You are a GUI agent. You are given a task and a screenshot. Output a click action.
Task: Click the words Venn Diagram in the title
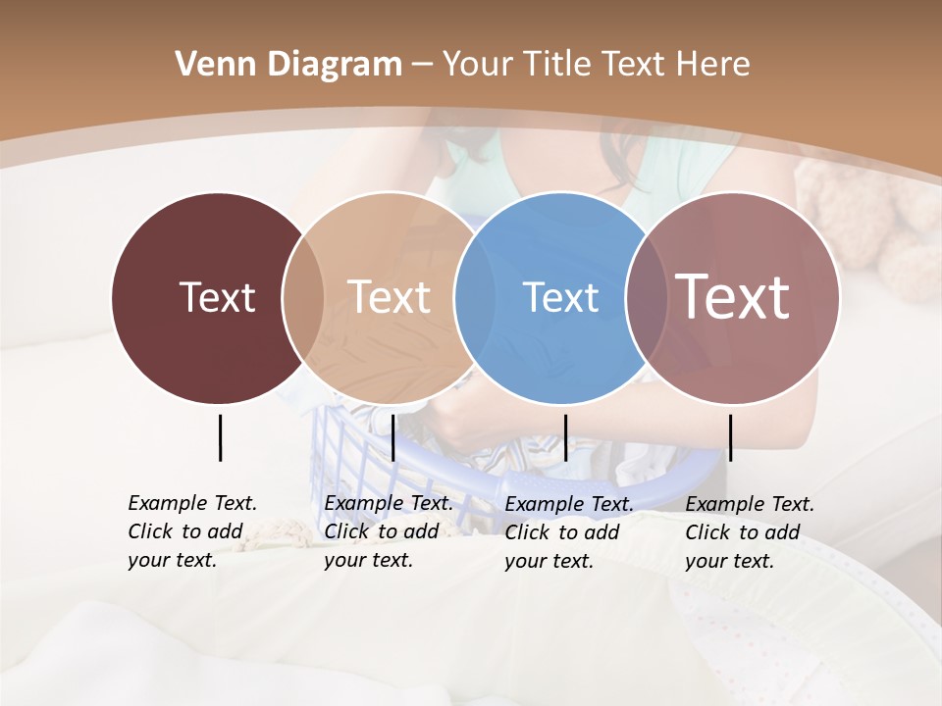point(288,65)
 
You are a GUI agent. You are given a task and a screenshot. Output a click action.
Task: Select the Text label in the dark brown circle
point(217,297)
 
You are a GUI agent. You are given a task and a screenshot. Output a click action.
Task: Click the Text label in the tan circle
point(389,297)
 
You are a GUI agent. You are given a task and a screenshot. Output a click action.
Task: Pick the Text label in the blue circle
point(560,297)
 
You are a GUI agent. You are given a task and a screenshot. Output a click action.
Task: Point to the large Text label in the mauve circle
point(733,297)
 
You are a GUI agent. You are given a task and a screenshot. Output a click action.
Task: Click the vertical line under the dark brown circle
point(220,437)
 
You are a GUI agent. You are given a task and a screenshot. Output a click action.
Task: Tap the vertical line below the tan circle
point(392,437)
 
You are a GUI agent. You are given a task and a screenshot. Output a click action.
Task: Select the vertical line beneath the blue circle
point(565,437)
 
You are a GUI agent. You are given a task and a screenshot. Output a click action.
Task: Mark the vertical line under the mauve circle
point(730,437)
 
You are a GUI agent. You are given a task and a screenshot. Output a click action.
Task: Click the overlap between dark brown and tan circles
point(303,297)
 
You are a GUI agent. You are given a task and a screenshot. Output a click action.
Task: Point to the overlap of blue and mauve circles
point(646,297)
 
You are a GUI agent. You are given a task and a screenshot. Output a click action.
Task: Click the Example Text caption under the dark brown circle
point(192,531)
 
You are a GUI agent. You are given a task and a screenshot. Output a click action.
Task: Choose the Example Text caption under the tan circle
point(389,531)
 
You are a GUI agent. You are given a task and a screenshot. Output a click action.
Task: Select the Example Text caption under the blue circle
point(569,532)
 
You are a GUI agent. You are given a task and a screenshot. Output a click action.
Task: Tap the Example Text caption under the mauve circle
point(750,532)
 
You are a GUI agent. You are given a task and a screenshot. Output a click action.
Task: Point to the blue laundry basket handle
point(549,483)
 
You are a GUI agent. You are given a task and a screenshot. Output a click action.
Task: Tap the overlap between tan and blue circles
point(473,297)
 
